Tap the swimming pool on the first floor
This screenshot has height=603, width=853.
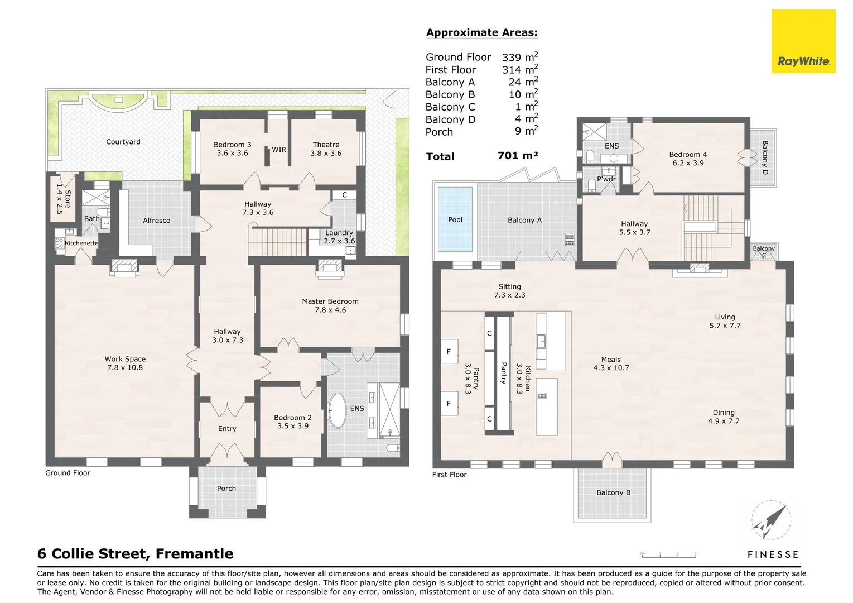(x=455, y=219)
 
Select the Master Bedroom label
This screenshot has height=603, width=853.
(x=330, y=301)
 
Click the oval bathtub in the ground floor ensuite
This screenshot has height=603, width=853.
(x=338, y=411)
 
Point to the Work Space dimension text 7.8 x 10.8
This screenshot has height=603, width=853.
(x=125, y=368)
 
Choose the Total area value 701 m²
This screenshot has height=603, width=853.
(x=517, y=156)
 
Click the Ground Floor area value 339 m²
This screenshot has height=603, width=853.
(x=519, y=57)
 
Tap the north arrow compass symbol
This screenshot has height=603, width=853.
(x=770, y=521)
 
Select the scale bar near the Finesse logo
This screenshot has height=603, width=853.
(x=668, y=554)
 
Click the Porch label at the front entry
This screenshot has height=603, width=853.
(x=226, y=489)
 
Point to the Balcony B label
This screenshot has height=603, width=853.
(x=613, y=493)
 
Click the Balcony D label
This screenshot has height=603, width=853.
(x=765, y=157)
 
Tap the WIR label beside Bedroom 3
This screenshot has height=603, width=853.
(x=279, y=150)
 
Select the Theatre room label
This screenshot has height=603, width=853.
(x=326, y=145)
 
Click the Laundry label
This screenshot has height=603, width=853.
(x=339, y=233)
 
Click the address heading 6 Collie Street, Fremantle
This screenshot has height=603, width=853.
(x=136, y=554)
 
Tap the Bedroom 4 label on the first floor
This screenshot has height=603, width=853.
(x=688, y=155)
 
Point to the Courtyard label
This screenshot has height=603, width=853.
(x=123, y=142)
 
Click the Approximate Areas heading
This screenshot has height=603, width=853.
(x=481, y=32)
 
